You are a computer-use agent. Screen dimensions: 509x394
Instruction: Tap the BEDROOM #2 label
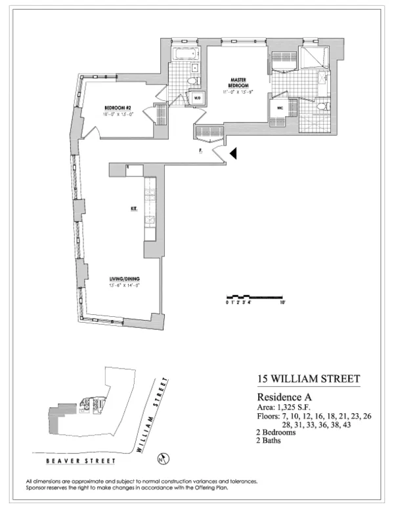119,108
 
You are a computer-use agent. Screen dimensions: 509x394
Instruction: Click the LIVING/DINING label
125,279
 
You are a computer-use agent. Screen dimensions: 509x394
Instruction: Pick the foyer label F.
199,151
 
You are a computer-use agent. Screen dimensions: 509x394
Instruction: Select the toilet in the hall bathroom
192,81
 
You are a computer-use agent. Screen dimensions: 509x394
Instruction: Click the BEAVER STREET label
66,454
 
